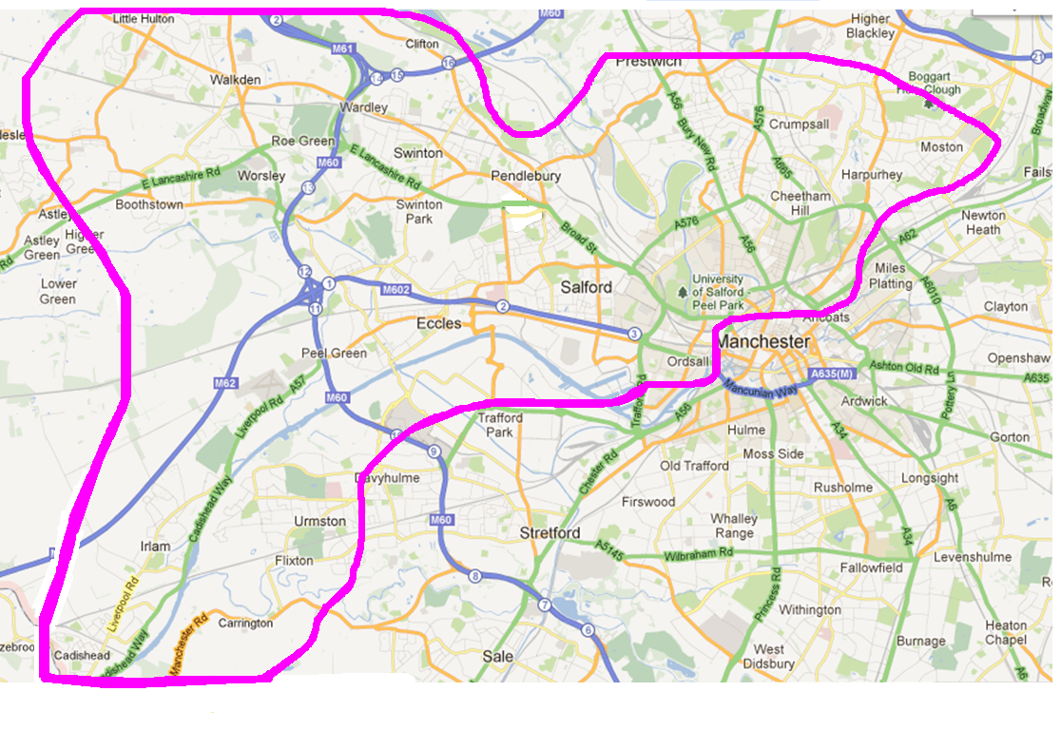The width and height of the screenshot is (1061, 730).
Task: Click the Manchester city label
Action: point(763,341)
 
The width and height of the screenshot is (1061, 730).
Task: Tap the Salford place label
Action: point(587,287)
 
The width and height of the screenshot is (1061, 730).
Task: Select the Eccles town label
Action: point(439,324)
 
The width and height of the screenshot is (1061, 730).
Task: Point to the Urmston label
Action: point(320,521)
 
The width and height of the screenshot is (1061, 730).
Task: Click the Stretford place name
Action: point(550,533)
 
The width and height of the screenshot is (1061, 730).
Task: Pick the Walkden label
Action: point(235,80)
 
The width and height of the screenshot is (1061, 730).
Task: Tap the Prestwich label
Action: point(649,61)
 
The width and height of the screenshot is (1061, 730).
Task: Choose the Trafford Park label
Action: point(500,425)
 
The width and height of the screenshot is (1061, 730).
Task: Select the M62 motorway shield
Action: point(224,383)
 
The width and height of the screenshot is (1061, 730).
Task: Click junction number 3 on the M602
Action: point(634,334)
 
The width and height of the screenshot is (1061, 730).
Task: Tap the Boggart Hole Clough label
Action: point(929,84)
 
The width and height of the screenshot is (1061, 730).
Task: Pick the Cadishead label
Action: point(82,656)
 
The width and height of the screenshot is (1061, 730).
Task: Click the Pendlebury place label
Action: point(526,176)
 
